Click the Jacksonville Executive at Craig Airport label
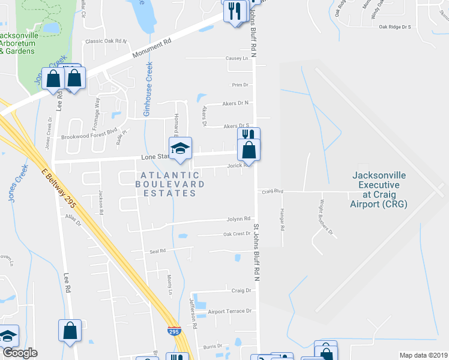click(379, 190)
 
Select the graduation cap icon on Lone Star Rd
click(180, 149)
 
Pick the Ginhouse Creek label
click(148, 90)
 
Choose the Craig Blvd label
click(271, 192)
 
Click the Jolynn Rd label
click(238, 219)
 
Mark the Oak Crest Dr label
click(237, 234)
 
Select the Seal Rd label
click(158, 251)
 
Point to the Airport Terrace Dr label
click(230, 311)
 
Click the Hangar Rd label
click(282, 220)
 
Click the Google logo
click(20, 352)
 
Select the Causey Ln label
click(237, 58)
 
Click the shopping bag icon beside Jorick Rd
click(249, 150)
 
